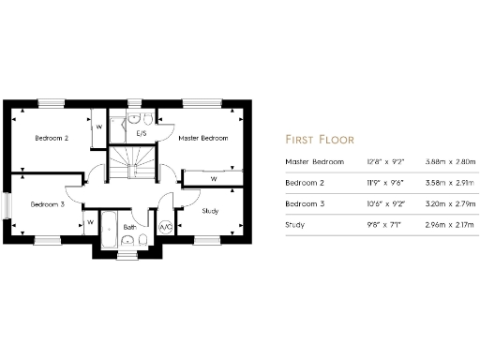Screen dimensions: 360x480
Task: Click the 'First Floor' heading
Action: (x=319, y=139)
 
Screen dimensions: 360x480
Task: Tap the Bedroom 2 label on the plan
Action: (x=52, y=138)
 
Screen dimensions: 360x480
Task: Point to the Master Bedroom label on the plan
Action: (x=203, y=138)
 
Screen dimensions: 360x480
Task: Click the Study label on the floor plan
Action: (x=211, y=211)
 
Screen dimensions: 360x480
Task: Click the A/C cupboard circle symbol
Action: (x=166, y=227)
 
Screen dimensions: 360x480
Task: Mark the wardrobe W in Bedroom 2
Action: (x=98, y=129)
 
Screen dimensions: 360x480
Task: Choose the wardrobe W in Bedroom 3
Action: (x=91, y=222)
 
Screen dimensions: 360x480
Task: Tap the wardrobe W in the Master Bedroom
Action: (x=213, y=177)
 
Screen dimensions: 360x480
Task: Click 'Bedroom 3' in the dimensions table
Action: (x=307, y=204)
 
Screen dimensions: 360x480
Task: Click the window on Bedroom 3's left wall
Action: (x=6, y=205)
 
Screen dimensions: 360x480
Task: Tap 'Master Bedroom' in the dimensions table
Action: (x=314, y=162)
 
